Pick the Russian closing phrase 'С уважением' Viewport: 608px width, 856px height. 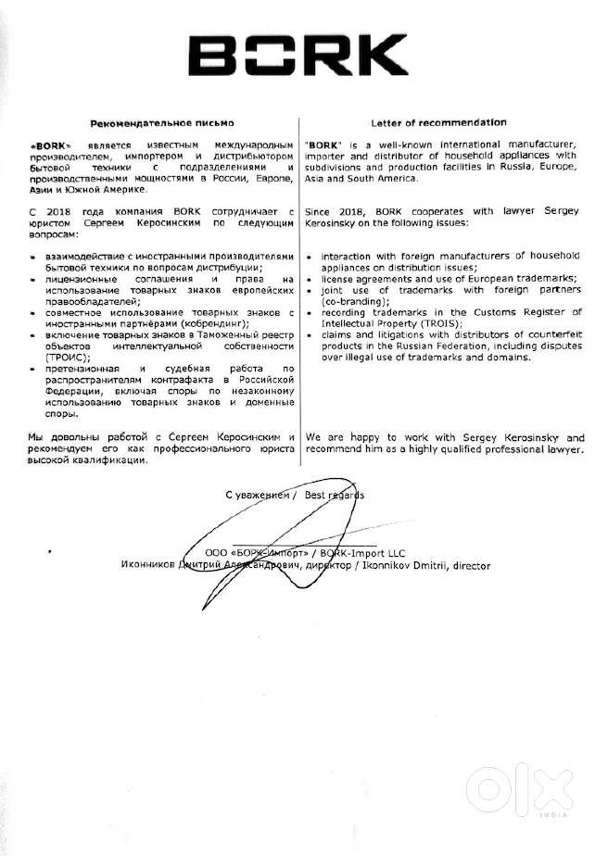pos(256,495)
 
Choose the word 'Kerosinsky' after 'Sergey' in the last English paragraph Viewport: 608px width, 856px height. pos(519,436)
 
